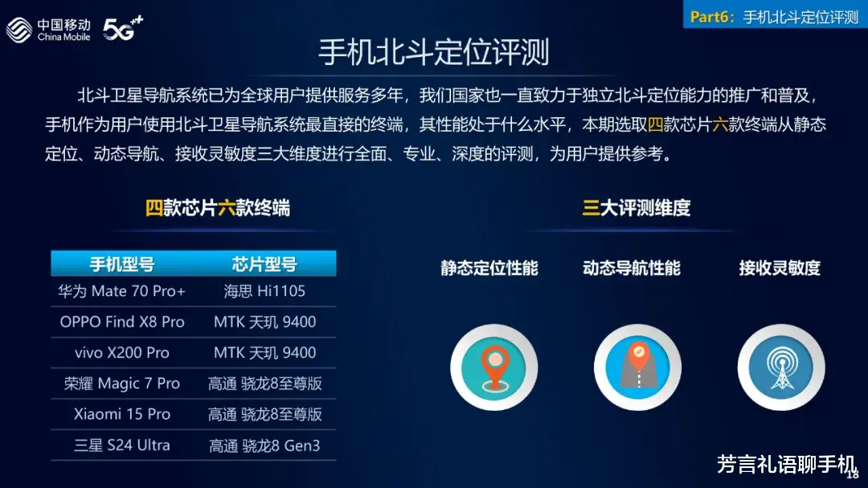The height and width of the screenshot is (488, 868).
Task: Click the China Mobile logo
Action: tap(48, 29)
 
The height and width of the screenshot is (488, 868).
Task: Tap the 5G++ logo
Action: tap(123, 28)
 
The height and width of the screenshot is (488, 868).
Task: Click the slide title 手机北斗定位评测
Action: tap(433, 52)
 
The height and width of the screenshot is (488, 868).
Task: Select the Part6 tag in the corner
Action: tap(775, 16)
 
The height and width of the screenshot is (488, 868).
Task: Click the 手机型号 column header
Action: tap(122, 264)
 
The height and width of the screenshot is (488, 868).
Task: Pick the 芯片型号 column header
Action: tap(264, 264)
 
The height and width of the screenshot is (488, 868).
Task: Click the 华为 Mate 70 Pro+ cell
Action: tap(122, 291)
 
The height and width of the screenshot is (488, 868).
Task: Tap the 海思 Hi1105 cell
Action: tap(264, 291)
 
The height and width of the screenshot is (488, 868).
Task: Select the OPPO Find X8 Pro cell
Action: tap(122, 322)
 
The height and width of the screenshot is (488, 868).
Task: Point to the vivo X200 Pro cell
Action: tap(122, 352)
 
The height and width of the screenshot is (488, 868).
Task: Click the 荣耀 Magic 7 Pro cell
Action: tap(122, 384)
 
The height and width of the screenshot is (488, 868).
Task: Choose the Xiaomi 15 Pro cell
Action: tap(122, 414)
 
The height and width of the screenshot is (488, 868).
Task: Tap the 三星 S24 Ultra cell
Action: tap(122, 445)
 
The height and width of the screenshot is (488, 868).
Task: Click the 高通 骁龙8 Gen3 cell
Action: tap(264, 445)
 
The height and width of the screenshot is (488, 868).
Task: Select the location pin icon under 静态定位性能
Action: tap(493, 368)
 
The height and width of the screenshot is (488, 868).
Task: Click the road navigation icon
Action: tap(637, 368)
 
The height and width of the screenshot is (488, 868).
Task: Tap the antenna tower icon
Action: tap(781, 368)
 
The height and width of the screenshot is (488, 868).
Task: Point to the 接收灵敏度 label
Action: tap(780, 268)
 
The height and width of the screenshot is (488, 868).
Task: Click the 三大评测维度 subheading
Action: tap(636, 208)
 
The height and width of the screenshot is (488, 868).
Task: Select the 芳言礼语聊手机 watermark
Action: tap(787, 464)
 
